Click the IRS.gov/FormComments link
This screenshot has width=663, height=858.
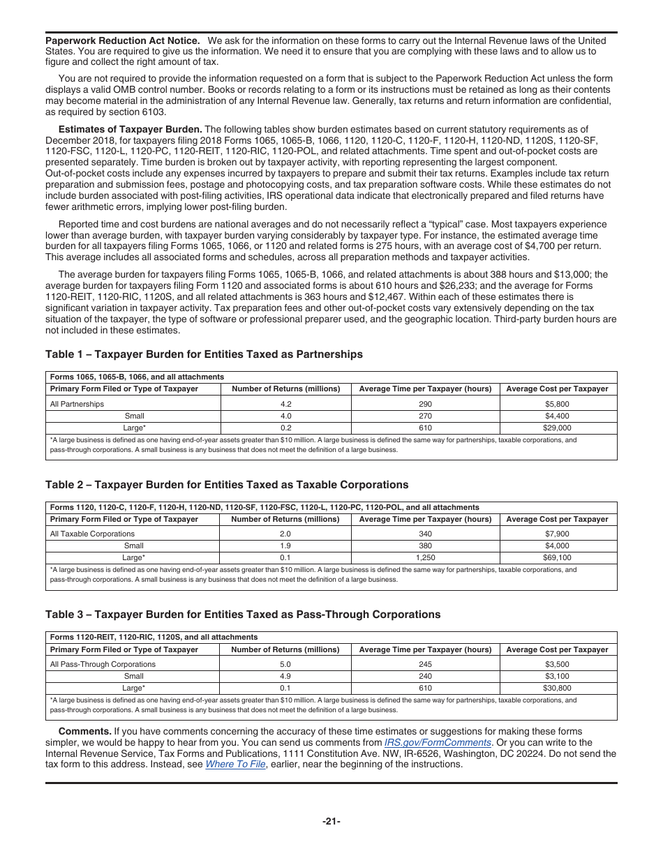(438, 743)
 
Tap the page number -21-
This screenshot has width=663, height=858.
(331, 821)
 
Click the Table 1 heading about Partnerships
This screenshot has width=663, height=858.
(204, 354)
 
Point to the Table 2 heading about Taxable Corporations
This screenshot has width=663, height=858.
(227, 485)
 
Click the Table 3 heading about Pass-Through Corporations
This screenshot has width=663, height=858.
(243, 615)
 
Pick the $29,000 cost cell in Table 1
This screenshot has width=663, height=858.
(557, 428)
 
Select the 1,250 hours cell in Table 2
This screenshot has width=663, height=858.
(425, 558)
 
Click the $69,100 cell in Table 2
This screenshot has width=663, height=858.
(557, 558)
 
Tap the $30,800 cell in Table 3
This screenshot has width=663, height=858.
(557, 688)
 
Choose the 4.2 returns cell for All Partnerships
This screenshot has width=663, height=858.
(285, 404)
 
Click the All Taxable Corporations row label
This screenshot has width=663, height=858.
(92, 534)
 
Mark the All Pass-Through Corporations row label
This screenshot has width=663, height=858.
(103, 664)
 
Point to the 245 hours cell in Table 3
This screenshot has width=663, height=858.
(425, 664)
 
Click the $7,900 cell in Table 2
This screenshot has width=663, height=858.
(557, 534)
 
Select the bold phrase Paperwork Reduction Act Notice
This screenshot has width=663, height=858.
(122, 40)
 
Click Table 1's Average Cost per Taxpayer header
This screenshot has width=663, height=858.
(557, 389)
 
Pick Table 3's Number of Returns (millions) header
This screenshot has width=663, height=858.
(285, 649)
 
